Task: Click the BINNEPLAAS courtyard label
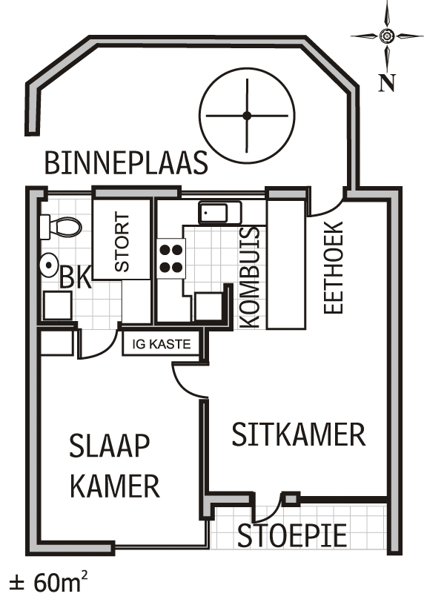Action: click(126, 162)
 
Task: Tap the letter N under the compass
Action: click(386, 83)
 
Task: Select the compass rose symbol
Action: click(386, 36)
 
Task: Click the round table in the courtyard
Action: click(246, 115)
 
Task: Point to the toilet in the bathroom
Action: click(61, 226)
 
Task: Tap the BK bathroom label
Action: click(76, 279)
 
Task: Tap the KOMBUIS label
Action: click(251, 277)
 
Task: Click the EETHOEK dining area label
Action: click(334, 267)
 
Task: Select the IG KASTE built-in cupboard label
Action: click(162, 345)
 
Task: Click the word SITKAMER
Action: click(298, 434)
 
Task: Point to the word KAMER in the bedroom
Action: click(115, 486)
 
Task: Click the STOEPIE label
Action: click(292, 536)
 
